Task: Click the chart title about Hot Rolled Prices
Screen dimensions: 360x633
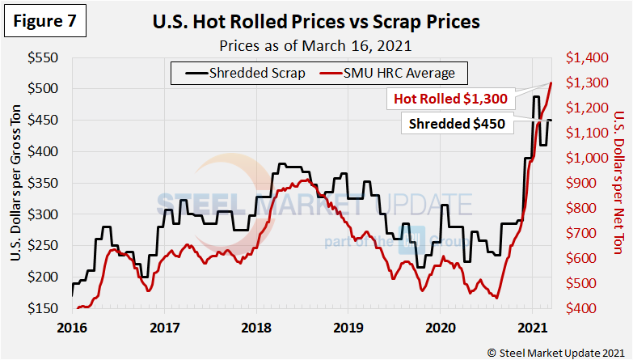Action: pyautogui.click(x=316, y=22)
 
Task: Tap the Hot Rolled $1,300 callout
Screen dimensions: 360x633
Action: pyautogui.click(x=450, y=99)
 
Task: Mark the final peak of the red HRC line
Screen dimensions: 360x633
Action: pyautogui.click(x=551, y=83)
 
